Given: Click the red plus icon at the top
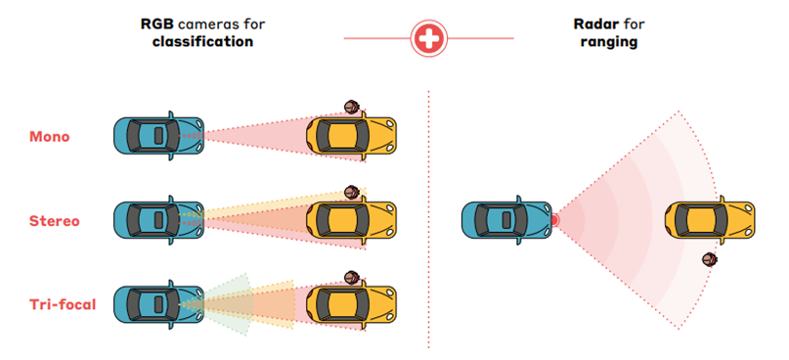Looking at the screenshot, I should pos(427,38).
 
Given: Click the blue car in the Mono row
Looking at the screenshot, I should pos(158,135).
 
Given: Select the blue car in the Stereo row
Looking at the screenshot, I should pos(158,220).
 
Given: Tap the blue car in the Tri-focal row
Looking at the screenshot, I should pos(158,304).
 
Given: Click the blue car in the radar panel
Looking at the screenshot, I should pos(506,220).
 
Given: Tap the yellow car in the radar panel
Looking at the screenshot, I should pos(712,220).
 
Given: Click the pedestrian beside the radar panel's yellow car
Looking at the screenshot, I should pos(708,260).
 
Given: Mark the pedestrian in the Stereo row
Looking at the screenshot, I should pos(351,192).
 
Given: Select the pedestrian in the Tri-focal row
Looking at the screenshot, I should pos(351,277).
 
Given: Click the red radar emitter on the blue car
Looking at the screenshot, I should pos(554,220).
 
